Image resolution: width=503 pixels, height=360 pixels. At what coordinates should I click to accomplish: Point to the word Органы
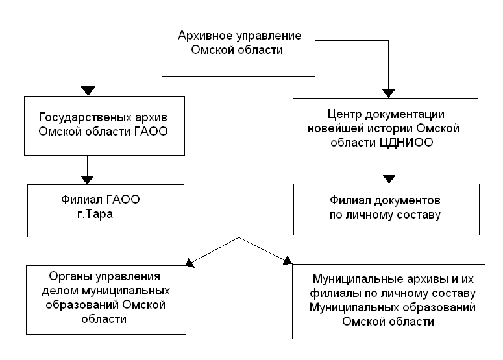(69, 275)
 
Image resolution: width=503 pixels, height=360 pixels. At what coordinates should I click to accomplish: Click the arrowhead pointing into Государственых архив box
(86, 90)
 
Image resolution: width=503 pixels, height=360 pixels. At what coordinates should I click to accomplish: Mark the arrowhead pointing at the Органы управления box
(191, 262)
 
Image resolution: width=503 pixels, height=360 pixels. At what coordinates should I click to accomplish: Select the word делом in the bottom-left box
(64, 290)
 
